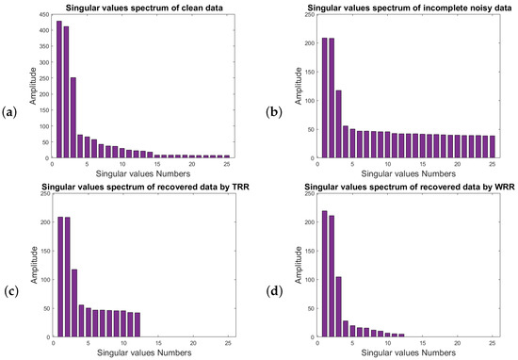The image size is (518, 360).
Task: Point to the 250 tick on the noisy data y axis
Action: [309, 14]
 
